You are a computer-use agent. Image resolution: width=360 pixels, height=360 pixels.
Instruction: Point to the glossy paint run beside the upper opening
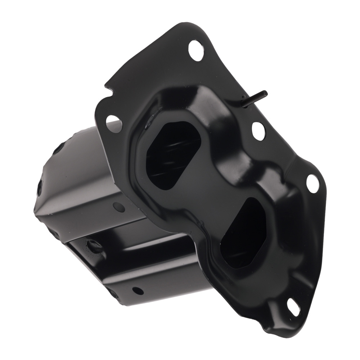pyautogui.click(x=148, y=124)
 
